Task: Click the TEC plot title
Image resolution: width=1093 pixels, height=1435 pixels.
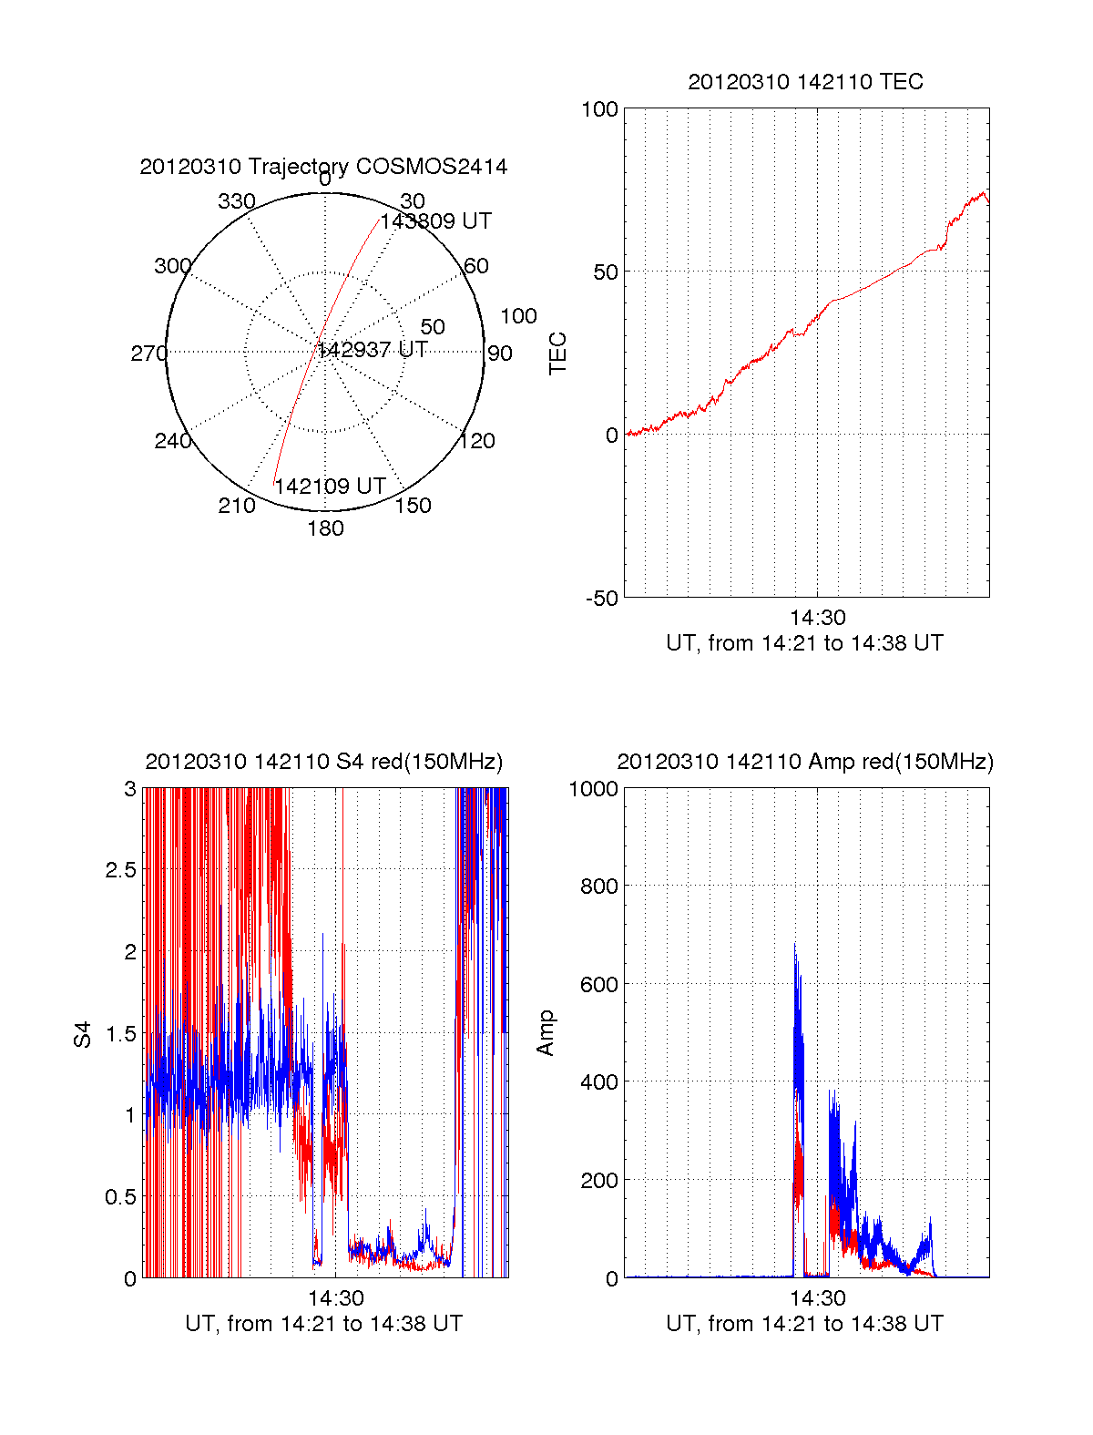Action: [x=805, y=82]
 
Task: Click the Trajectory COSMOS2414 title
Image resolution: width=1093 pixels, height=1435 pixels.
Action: [x=323, y=167]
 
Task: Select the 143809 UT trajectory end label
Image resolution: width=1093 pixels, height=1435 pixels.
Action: [x=435, y=221]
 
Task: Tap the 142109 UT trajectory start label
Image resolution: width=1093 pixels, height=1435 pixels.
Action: [x=330, y=487]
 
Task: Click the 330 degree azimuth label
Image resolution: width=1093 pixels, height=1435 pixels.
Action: [x=236, y=201]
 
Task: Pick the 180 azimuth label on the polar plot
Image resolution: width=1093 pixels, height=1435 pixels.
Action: [x=325, y=528]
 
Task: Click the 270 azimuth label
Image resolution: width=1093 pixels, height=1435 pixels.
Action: [x=148, y=354]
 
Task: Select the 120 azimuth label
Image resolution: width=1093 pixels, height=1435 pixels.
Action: [x=477, y=441]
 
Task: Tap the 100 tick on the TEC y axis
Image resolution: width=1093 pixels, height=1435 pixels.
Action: [x=599, y=110]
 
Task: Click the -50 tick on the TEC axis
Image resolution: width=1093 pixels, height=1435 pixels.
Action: [x=601, y=599]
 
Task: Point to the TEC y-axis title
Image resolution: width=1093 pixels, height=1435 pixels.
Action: [x=557, y=354]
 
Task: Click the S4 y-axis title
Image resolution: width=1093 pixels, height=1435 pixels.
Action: [x=83, y=1034]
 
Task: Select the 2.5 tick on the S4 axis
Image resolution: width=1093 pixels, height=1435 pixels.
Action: [x=120, y=870]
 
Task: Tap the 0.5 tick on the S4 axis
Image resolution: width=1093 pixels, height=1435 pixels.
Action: [x=120, y=1197]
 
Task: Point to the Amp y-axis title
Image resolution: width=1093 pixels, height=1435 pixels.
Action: [x=545, y=1033]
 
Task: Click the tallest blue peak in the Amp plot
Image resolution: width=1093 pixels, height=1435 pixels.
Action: [x=794, y=945]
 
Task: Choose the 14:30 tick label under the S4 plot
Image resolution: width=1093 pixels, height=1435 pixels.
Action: [x=336, y=1298]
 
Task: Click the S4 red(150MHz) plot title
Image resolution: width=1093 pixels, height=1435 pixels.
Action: [x=323, y=762]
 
